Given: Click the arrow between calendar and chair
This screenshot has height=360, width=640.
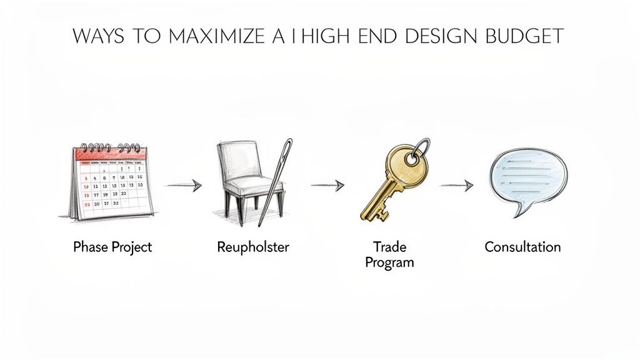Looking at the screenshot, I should point(184,185).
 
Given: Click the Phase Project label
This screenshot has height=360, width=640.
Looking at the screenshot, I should point(112,247).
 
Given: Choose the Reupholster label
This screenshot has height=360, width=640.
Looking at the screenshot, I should point(253,247).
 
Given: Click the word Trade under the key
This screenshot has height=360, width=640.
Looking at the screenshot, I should point(389,247).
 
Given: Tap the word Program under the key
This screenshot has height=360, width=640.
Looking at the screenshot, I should point(389,262).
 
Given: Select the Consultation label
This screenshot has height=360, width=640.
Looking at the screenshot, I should point(522,247).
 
